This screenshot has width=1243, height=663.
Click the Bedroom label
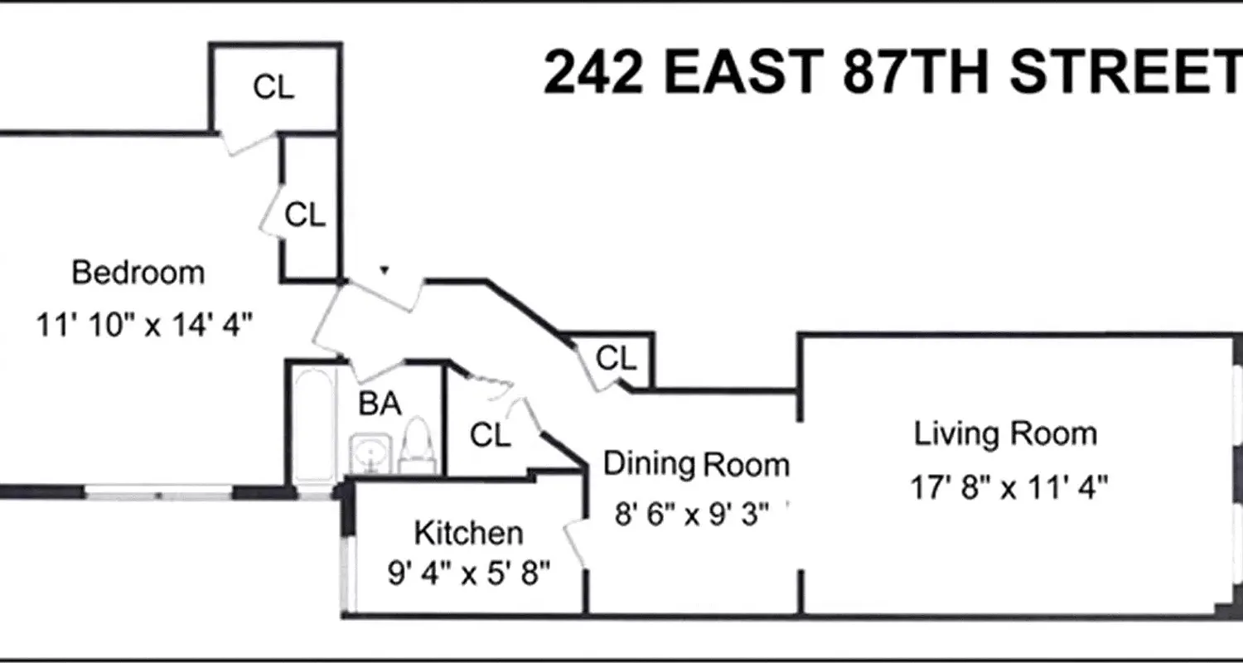pos(138,273)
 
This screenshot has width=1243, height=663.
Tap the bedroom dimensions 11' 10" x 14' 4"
pos(143,324)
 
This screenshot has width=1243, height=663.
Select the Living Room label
pos(1005,434)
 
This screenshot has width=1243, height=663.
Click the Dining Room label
pos(696,464)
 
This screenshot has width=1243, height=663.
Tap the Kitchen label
pos(468,533)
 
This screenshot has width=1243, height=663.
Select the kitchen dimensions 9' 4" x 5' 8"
pos(469,574)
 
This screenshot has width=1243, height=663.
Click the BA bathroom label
pos(380,404)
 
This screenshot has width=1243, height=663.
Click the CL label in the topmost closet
pos(273,87)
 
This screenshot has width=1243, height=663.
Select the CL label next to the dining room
pos(617,359)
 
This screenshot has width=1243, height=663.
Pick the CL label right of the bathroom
pos(490,434)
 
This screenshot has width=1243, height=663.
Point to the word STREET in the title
pos(1127,73)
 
